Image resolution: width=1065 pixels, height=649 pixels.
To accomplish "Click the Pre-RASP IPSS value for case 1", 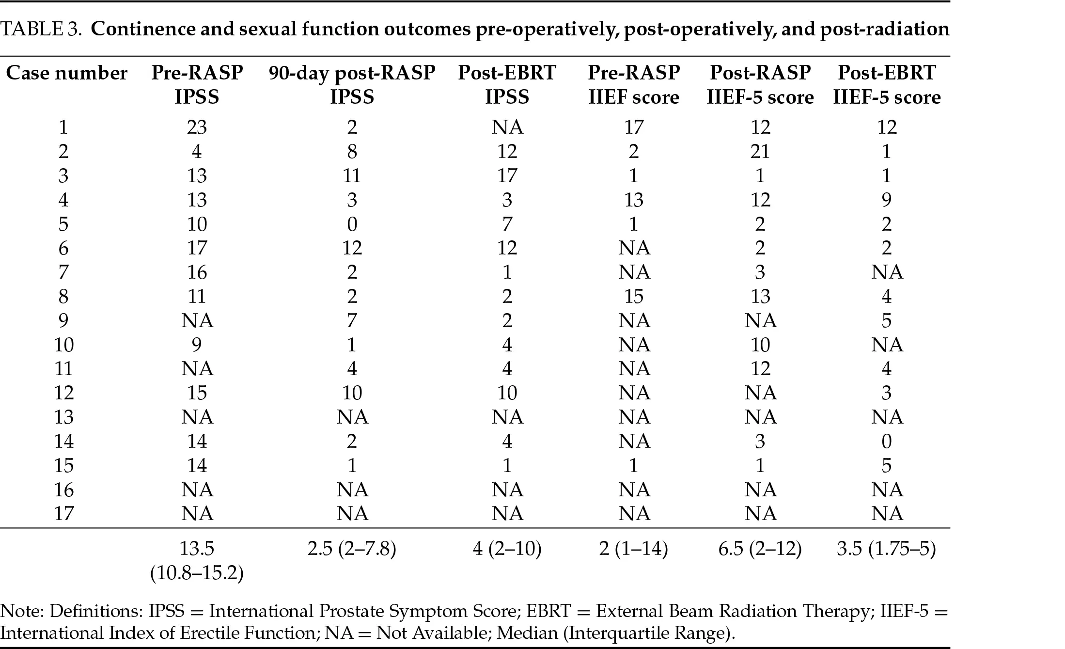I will coord(197,127).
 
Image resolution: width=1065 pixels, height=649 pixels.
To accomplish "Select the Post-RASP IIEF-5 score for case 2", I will coord(760,152).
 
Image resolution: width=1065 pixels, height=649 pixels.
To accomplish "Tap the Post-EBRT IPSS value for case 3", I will coord(507,175).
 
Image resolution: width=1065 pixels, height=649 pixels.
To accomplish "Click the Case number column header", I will coord(66,73).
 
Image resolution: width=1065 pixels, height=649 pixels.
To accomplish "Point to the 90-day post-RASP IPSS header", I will coord(352,85).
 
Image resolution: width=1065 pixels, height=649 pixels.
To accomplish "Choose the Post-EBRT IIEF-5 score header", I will coord(886,85).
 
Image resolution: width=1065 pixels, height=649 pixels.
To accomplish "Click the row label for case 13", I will coord(63,417).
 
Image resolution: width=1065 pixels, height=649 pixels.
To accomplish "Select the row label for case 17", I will coord(63,513).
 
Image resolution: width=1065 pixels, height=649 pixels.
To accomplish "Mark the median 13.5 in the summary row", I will coord(197,549).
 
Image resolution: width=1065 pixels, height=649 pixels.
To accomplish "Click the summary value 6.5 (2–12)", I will coord(760,549).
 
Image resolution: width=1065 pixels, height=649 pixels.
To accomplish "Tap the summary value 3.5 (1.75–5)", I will coord(886,549).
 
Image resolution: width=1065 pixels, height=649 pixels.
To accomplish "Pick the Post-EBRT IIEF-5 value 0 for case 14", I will coord(886,442).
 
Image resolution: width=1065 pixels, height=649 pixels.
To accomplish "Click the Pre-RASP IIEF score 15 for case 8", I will coord(633,296).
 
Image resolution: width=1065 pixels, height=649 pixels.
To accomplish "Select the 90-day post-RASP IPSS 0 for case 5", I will coord(352,224).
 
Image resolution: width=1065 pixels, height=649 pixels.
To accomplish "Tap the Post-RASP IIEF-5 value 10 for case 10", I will coord(760,345).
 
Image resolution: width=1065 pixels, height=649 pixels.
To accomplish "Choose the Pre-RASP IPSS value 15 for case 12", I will coord(197,393).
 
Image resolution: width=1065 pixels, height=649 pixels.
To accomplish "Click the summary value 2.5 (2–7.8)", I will coord(352,549).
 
